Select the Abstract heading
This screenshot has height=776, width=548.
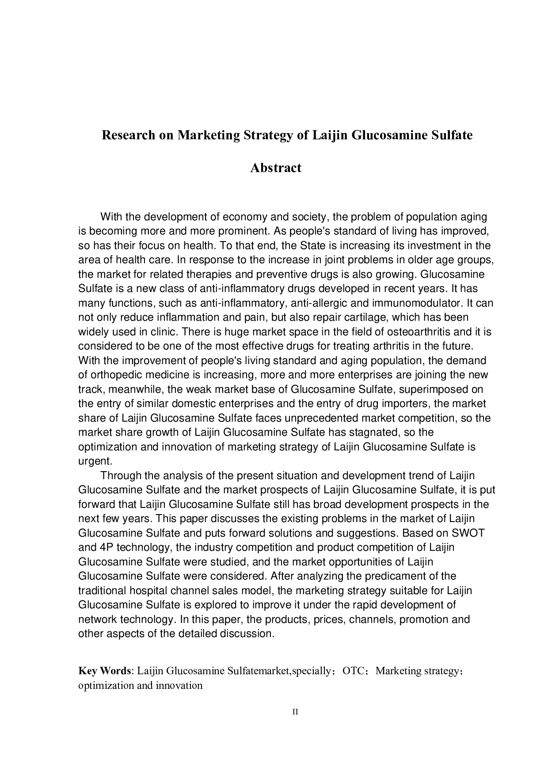[x=276, y=168]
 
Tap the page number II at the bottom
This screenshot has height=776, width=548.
[x=296, y=712]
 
